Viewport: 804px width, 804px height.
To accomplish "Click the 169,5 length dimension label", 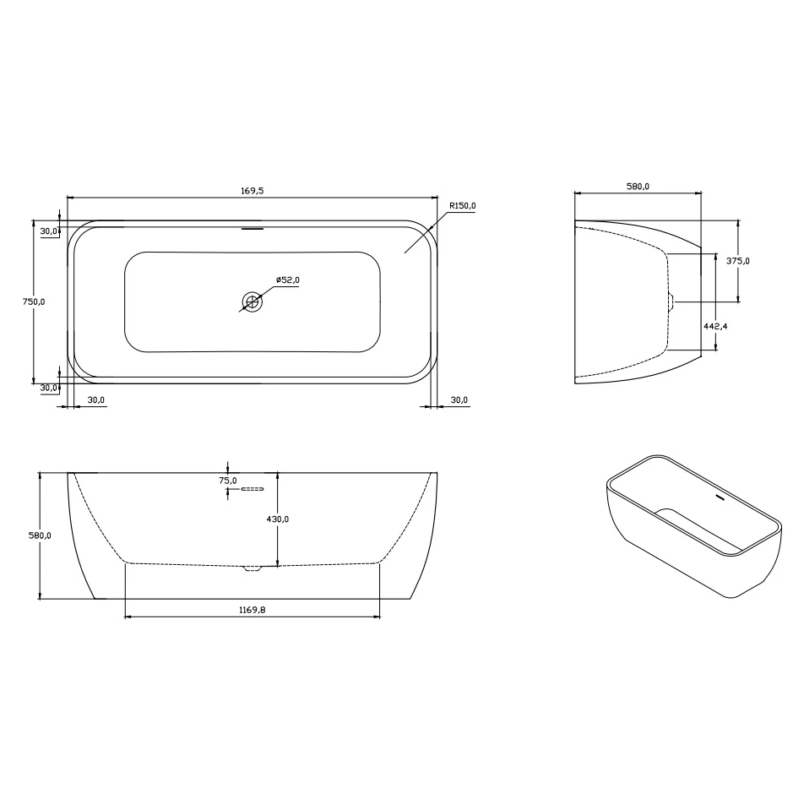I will (252, 191).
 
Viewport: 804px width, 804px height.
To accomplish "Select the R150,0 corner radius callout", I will (463, 205).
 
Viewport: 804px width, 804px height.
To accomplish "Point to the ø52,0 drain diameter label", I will (287, 280).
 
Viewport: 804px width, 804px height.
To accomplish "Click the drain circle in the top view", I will (252, 301).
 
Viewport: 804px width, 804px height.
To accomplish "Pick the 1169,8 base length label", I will (253, 608).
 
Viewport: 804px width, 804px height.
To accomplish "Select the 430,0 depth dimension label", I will (278, 519).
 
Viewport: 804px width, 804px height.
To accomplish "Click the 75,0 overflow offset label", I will (227, 481).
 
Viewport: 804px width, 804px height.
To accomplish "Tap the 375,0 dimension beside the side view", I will (738, 261).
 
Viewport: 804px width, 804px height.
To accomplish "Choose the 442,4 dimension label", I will (716, 324).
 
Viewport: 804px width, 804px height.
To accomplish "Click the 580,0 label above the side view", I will (638, 187).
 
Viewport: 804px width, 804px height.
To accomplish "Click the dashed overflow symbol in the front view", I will (253, 489).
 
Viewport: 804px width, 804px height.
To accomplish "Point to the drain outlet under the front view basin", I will (253, 568).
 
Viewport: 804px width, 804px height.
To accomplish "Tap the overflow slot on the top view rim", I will (252, 227).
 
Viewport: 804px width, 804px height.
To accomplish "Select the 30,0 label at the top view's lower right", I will (459, 399).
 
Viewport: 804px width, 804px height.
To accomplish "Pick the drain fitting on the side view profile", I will (671, 301).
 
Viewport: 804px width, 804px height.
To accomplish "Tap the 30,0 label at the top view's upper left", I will (48, 231).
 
